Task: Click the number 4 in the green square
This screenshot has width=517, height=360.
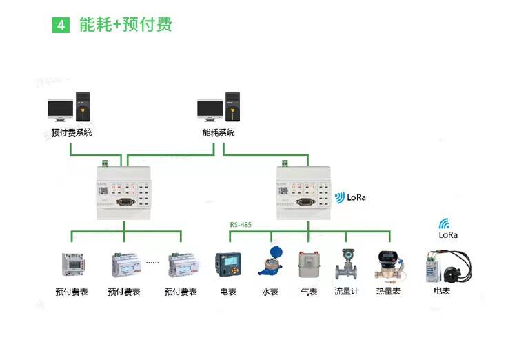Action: tap(61, 26)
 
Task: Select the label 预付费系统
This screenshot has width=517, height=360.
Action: tap(72, 132)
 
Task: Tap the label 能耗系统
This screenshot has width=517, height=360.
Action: tap(218, 132)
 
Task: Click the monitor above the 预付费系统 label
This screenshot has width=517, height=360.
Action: tap(61, 109)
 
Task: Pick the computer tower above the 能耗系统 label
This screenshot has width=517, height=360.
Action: tap(232, 108)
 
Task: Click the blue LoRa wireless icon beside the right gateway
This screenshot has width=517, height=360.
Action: tap(339, 198)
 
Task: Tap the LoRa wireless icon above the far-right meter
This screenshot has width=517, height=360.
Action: tap(445, 223)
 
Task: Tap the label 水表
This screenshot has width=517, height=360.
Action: tap(270, 292)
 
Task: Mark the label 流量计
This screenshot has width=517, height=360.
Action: tap(347, 292)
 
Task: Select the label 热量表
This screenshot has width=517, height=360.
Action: tap(387, 292)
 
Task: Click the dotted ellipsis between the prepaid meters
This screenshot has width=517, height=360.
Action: tap(152, 262)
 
